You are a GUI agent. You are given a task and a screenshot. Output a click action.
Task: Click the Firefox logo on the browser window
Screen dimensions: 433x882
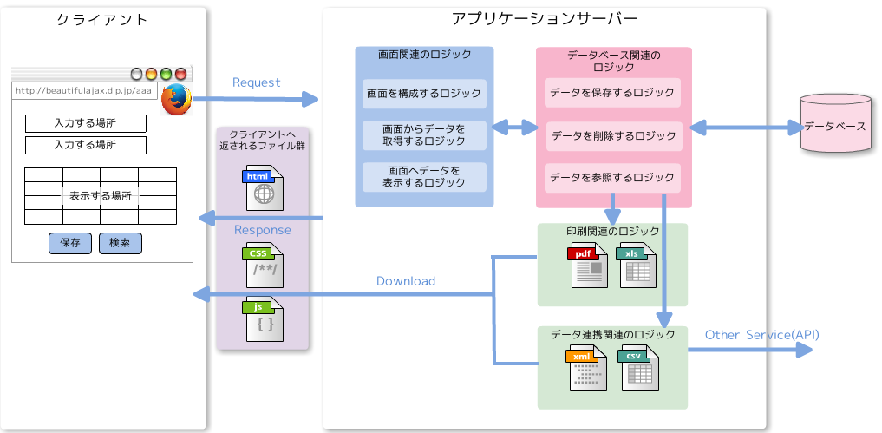[176, 98]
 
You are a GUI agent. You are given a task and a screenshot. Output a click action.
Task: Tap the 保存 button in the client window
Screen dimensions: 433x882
[70, 243]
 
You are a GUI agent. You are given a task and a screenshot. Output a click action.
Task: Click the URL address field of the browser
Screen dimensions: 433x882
[84, 90]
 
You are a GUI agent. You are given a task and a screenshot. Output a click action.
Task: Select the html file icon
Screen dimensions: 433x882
[264, 187]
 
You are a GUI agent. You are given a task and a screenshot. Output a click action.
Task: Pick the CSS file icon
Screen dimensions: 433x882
[264, 266]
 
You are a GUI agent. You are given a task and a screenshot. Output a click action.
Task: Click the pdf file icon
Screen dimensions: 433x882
[588, 266]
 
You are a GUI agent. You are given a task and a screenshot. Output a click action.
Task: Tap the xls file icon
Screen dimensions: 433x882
[637, 266]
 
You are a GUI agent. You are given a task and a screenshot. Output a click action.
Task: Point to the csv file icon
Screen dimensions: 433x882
[637, 366]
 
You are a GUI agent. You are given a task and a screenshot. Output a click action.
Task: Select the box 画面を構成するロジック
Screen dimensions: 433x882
[424, 93]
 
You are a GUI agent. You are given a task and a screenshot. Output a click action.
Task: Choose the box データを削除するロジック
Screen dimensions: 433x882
[613, 135]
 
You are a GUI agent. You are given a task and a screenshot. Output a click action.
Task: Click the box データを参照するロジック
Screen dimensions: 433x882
[613, 177]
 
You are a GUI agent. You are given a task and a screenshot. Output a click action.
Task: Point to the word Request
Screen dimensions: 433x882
[257, 82]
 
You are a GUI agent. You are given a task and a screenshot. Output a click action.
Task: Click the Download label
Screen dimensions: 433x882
[406, 281]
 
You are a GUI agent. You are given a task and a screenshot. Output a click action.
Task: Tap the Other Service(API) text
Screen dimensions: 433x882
[761, 335]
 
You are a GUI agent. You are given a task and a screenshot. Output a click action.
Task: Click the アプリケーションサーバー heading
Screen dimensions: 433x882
[545, 19]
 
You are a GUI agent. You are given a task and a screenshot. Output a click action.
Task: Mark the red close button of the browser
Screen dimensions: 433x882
[180, 74]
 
